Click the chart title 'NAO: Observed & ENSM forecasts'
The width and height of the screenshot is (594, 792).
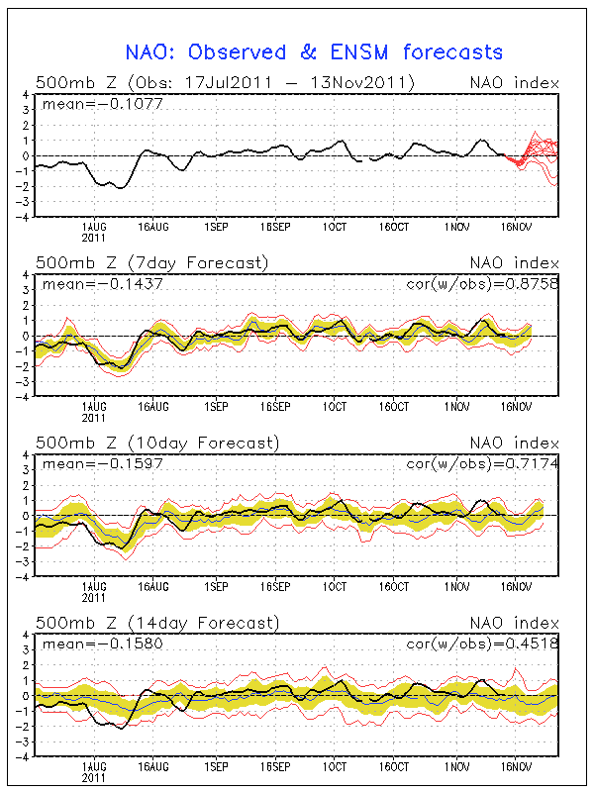[x=315, y=51]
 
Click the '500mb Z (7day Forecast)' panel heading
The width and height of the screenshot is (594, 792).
[x=151, y=263]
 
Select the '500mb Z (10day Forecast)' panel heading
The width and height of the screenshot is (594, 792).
[x=156, y=443]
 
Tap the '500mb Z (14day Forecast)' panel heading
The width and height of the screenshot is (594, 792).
[x=156, y=623]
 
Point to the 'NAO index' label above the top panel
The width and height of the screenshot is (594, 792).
[x=514, y=82]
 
